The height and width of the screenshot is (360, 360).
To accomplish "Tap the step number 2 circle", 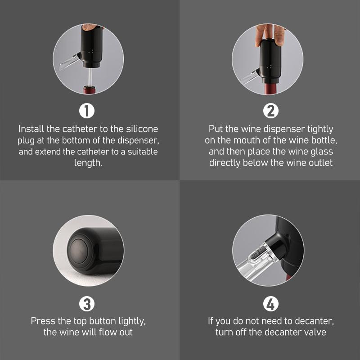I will point(270,110).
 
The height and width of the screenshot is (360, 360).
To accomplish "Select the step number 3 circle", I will point(87,304).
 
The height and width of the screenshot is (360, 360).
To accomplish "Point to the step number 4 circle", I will point(270,304).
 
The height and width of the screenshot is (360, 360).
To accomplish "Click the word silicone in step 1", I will point(142,129).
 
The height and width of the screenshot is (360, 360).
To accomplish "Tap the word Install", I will point(31,129).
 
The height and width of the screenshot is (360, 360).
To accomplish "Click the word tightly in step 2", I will point(319,129).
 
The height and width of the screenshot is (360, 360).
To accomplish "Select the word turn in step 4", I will point(224,333).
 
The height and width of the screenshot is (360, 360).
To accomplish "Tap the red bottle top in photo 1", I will point(89,90).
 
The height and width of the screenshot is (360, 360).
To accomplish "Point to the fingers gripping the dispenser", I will point(270,33).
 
